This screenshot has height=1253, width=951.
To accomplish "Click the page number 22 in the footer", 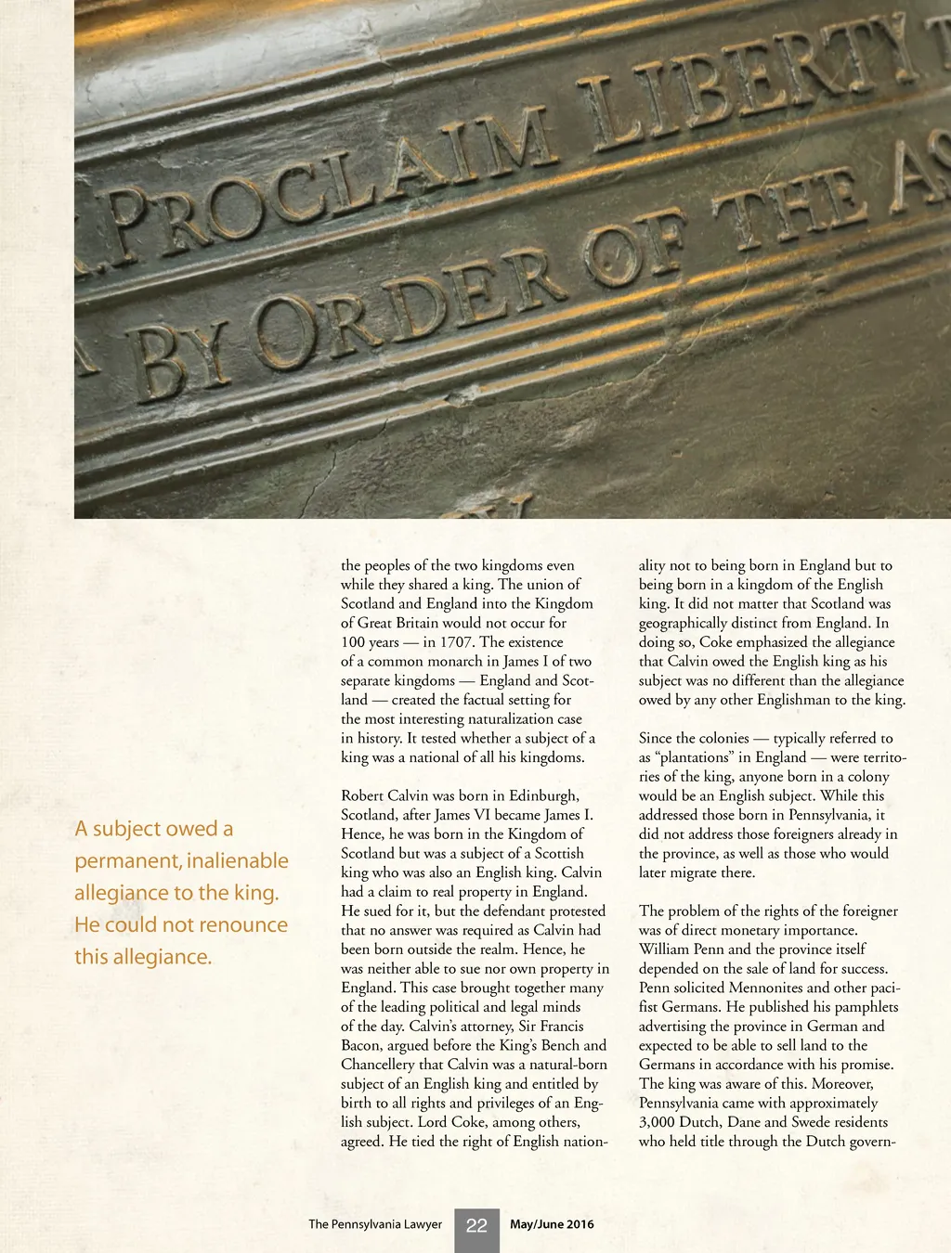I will coord(476,1225).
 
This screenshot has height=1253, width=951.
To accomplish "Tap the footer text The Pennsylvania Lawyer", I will coord(375,1224).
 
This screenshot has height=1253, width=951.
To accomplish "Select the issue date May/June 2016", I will coord(552,1224).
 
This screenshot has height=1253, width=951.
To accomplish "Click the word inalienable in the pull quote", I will coord(238,860).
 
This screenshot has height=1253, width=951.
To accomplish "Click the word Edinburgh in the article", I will coord(539,795).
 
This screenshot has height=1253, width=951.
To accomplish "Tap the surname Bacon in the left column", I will coord(361,1045).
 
